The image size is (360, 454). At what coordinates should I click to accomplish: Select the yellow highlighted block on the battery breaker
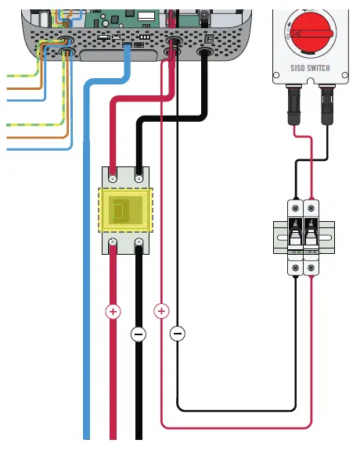pyautogui.click(x=125, y=209)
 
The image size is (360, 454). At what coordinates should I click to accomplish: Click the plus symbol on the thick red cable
pyautogui.click(x=113, y=311)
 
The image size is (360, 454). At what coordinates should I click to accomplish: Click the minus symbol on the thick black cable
pyautogui.click(x=139, y=334)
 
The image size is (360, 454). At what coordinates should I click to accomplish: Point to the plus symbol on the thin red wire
pyautogui.click(x=163, y=311)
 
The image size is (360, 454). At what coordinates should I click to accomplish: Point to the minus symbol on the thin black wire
pyautogui.click(x=178, y=334)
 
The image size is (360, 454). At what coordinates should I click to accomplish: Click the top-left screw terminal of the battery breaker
pyautogui.click(x=113, y=177)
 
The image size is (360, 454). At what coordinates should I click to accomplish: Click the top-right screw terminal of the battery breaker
pyautogui.click(x=139, y=177)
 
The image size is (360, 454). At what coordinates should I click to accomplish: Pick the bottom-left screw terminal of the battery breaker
pyautogui.click(x=113, y=243)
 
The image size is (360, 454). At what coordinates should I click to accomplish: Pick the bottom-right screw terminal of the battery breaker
pyautogui.click(x=139, y=243)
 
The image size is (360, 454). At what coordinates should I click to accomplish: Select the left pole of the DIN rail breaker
pyautogui.click(x=295, y=234)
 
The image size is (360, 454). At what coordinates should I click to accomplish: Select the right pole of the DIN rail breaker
pyautogui.click(x=312, y=234)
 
